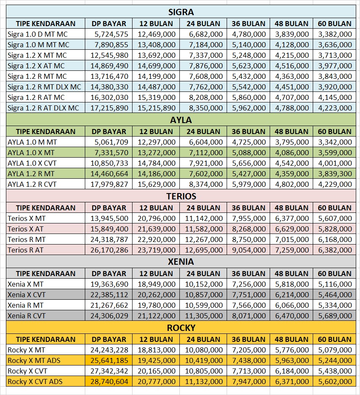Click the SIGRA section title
[x=181, y=12]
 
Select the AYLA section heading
[x=181, y=120]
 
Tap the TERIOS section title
[x=181, y=196]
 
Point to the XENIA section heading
[x=181, y=262]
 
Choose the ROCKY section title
[x=181, y=328]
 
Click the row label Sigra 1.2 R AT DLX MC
[x=43, y=108]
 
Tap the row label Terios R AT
[x=25, y=250]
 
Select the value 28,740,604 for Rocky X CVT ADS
[x=109, y=382]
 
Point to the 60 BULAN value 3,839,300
[x=335, y=174]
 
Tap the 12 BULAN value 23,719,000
[x=157, y=250]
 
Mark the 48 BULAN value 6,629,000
[x=292, y=228]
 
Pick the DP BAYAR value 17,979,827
[x=109, y=184]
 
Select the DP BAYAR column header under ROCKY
[x=109, y=339]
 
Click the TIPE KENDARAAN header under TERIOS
[x=46, y=208]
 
